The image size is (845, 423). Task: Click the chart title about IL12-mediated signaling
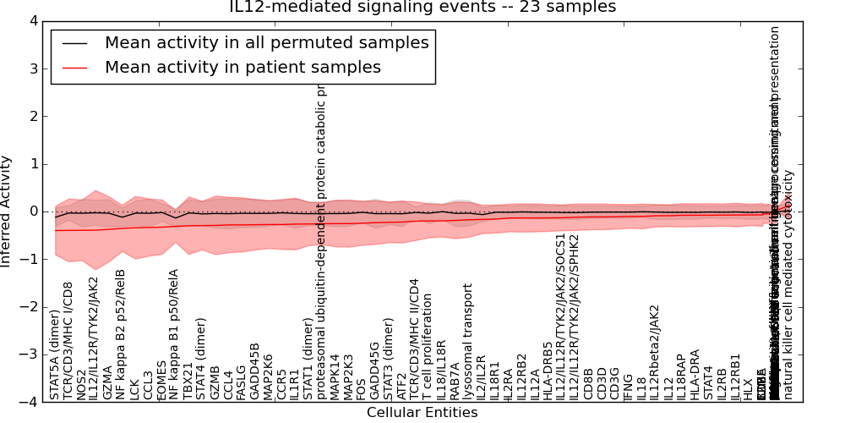coord(422,8)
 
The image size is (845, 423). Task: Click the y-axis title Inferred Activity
coord(8,211)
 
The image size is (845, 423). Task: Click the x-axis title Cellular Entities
coord(422,413)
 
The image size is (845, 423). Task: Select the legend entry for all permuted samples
coord(266,43)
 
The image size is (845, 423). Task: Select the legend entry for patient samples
coord(243,68)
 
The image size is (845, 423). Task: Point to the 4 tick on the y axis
coord(32,21)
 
